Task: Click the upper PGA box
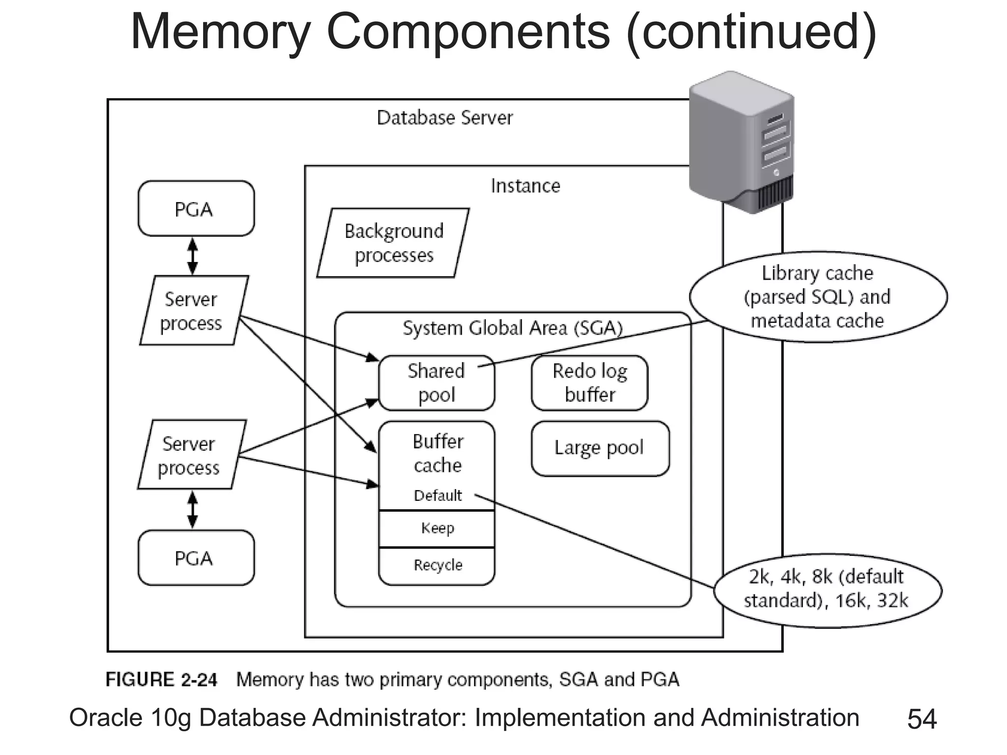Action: tap(196, 208)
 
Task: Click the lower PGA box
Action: tap(196, 557)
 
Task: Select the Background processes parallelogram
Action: tap(393, 243)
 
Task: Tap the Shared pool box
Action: tap(436, 383)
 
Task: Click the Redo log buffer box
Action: tap(589, 383)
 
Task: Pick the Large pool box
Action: tap(599, 448)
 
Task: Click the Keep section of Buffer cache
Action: tap(437, 528)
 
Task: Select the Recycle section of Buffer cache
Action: tap(437, 565)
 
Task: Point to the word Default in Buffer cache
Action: tap(437, 495)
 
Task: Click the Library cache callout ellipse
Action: tap(818, 297)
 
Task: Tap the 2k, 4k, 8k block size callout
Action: tap(827, 588)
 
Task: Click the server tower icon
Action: tap(741, 143)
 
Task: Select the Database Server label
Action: tap(444, 118)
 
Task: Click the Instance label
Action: tap(525, 186)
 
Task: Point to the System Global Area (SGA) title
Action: tap(512, 328)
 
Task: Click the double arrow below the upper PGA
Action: tap(193, 256)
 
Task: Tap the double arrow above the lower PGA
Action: tap(193, 509)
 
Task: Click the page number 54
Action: tap(921, 719)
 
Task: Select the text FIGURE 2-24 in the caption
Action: tap(161, 680)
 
